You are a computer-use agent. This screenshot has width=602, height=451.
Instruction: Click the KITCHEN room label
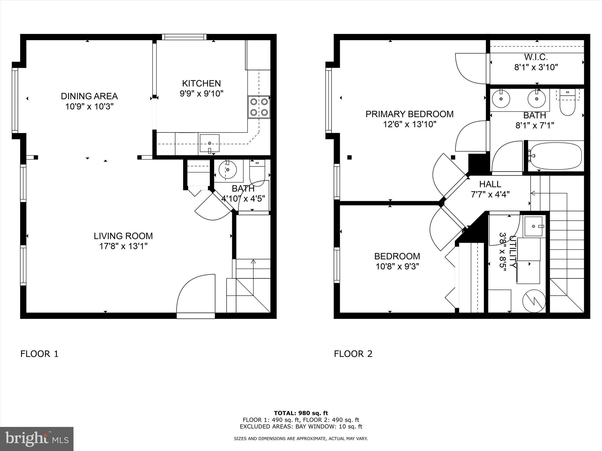click(201, 83)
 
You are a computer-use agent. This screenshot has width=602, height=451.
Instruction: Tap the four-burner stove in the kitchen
click(259, 107)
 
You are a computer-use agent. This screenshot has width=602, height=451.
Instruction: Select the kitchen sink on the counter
click(209, 143)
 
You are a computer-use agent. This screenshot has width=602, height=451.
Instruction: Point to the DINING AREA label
click(89, 96)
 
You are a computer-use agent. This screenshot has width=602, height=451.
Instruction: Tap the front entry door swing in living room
click(195, 294)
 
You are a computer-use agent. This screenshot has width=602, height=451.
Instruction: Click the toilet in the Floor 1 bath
click(257, 173)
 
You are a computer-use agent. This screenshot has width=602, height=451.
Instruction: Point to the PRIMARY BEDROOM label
click(409, 114)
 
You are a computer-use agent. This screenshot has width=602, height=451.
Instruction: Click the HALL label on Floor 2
click(490, 184)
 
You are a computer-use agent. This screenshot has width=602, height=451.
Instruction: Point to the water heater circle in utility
click(534, 301)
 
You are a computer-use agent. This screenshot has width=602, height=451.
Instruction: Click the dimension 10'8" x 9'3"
click(397, 267)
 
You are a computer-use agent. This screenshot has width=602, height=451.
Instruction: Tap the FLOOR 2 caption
click(353, 354)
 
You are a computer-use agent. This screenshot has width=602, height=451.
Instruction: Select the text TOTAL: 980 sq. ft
click(301, 413)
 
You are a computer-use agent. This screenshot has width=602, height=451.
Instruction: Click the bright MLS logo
click(37, 439)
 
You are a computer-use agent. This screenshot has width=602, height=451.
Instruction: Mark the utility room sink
click(534, 226)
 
